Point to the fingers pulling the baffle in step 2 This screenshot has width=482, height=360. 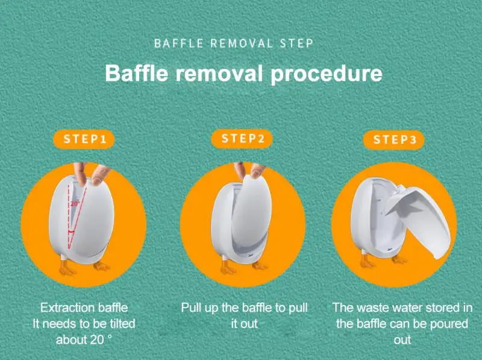click(247, 172)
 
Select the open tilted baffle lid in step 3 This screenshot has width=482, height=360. click(419, 220)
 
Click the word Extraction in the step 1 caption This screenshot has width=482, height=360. click(65, 308)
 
